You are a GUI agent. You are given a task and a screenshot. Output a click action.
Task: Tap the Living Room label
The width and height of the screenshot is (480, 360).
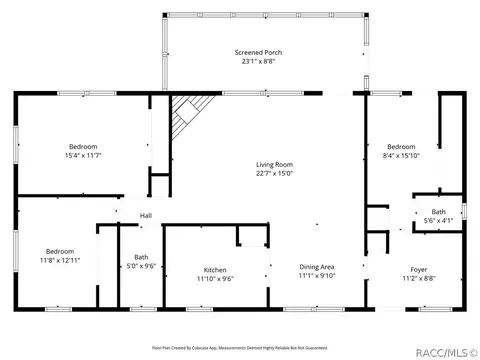pyautogui.click(x=273, y=164)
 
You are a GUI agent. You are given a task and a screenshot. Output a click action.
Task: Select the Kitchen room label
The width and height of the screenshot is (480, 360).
pyautogui.click(x=216, y=270)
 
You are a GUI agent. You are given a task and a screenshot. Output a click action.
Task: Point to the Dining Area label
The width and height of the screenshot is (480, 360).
pyautogui.click(x=316, y=266)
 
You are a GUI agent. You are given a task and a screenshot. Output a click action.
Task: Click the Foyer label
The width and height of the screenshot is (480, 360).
pyautogui.click(x=419, y=270)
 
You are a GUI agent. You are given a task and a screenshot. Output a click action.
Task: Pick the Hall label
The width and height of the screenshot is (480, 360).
pyautogui.click(x=146, y=216)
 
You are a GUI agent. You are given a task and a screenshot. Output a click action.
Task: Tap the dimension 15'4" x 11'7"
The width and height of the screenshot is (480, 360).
pyautogui.click(x=83, y=156)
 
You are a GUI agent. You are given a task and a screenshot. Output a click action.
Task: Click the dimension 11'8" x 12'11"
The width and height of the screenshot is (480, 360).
pyautogui.click(x=60, y=260)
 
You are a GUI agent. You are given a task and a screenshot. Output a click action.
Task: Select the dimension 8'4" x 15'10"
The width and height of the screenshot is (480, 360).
pyautogui.click(x=400, y=156)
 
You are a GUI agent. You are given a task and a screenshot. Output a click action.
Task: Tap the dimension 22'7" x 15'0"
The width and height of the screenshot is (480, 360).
pyautogui.click(x=273, y=173)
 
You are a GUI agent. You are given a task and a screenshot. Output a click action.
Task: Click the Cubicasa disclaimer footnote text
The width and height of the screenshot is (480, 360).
pyautogui.click(x=240, y=348)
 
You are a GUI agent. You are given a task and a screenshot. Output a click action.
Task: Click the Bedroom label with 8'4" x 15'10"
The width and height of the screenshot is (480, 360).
pyautogui.click(x=400, y=147)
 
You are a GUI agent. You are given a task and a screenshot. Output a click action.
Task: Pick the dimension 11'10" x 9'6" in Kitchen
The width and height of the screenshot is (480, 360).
pyautogui.click(x=216, y=279)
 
